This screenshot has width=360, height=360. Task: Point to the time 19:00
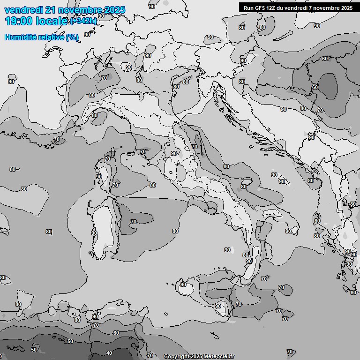coord(17,21)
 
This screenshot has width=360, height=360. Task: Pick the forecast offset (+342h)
coord(83,21)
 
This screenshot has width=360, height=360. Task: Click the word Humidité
coord(19,37)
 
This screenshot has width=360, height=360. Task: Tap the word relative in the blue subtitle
coord(50,37)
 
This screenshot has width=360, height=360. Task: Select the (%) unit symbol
coord(72,37)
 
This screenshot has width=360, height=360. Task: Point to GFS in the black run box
coord(261,7)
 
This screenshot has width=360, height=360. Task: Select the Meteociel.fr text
coord(218,357)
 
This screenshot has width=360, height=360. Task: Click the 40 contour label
coord(109,353)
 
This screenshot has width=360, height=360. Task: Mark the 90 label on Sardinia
coord(94,233)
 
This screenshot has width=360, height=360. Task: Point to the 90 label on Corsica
coord(99,177)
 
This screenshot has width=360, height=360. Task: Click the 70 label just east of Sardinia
coord(134,222)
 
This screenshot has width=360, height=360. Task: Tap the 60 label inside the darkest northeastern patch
coord(315,87)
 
